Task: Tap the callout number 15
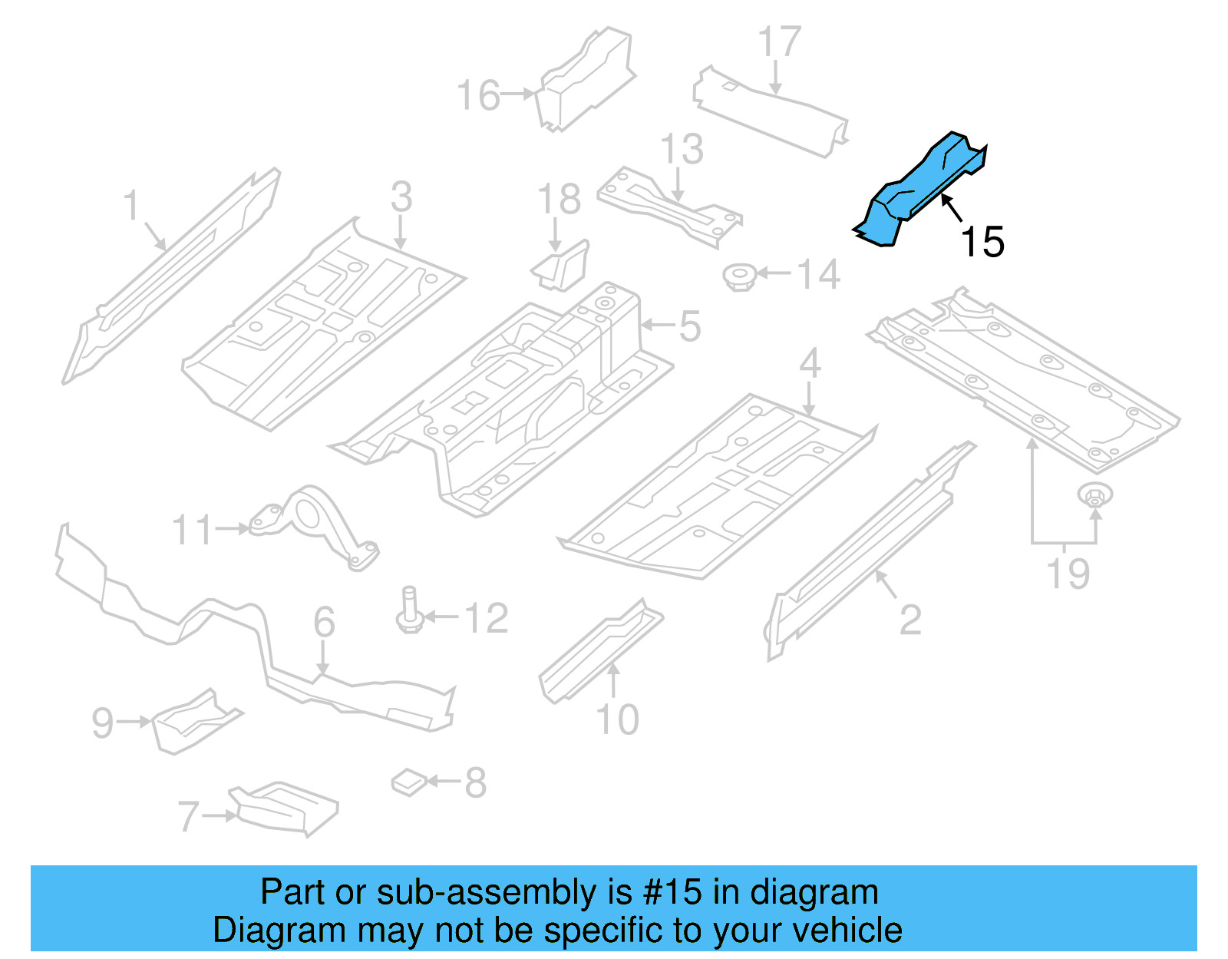[982, 242]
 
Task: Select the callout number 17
[779, 42]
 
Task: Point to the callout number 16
[478, 96]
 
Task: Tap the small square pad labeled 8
[409, 782]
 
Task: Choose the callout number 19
[1068, 574]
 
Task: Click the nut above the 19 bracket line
[1094, 494]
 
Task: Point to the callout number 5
[689, 326]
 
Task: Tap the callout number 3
[401, 197]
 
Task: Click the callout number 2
[909, 620]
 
